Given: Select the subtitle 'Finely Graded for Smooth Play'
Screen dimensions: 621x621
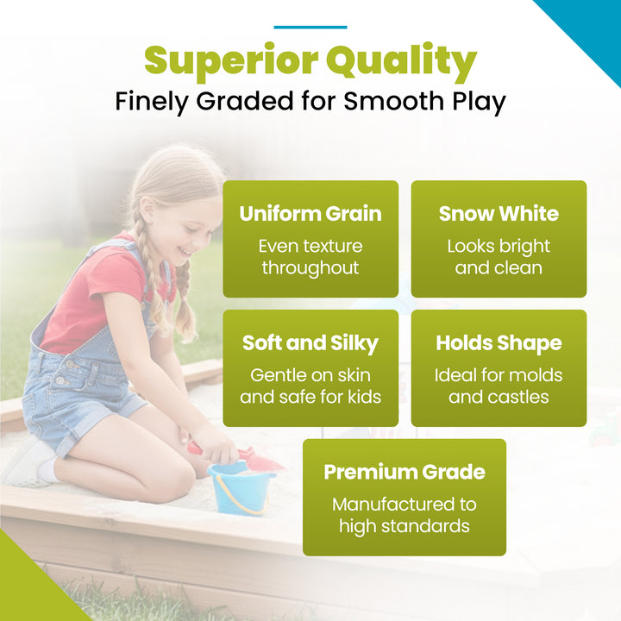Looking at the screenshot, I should point(310,102).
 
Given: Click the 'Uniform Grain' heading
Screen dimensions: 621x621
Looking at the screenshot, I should point(310,214).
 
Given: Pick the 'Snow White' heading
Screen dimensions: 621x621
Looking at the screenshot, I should point(499,214).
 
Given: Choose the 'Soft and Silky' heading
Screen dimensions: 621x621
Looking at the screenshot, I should point(310,343).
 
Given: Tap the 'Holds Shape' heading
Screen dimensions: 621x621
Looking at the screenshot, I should point(499,343).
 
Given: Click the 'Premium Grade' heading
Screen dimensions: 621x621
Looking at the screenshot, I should point(405,473).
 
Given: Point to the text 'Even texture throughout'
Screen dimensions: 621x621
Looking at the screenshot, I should point(310,257).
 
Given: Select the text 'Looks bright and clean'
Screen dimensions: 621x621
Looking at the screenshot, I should point(499,257).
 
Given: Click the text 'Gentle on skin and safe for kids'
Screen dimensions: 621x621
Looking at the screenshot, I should point(310,386).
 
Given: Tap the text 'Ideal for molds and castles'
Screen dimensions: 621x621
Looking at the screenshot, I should point(499,386).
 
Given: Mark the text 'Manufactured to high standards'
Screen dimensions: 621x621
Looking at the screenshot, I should point(405,515).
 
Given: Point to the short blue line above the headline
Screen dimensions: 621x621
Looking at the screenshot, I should point(310,28).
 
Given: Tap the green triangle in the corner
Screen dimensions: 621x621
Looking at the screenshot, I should point(26,586).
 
